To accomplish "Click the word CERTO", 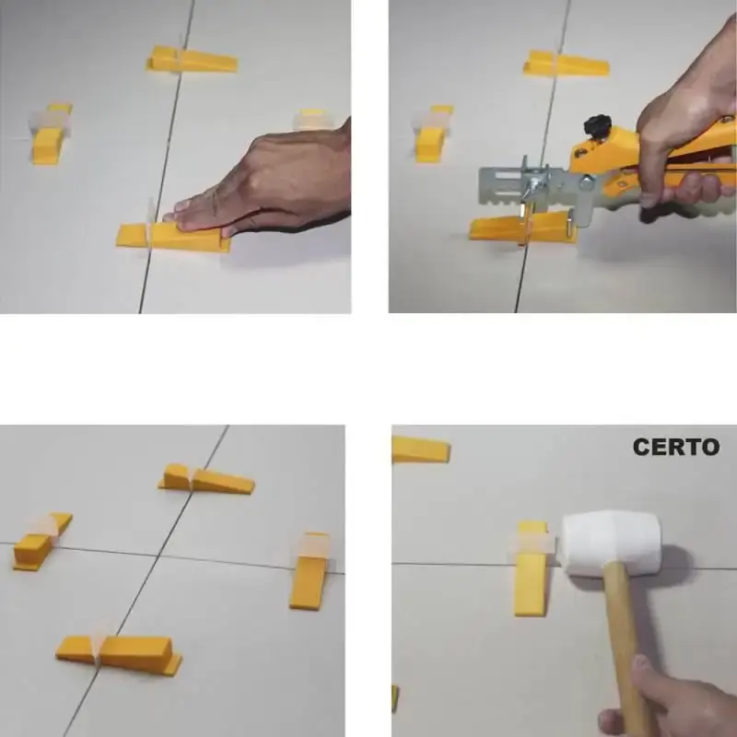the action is (x=676, y=447).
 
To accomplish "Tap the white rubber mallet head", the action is (x=612, y=543).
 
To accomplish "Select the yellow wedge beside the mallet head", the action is (x=532, y=568).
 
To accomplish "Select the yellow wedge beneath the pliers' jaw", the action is (x=522, y=227).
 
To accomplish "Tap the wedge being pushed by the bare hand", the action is (x=173, y=238).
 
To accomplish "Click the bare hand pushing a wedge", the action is (x=263, y=183).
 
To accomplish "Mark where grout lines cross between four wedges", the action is (x=158, y=556).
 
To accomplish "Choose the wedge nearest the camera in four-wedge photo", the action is (x=119, y=654).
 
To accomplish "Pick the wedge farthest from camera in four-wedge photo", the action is (x=206, y=479).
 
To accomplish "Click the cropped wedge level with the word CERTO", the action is (x=421, y=450).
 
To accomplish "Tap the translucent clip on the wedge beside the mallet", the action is (x=531, y=543).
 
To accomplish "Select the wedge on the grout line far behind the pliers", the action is (x=566, y=64).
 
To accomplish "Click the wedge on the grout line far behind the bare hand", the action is (x=192, y=60).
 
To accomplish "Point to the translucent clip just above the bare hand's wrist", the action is (x=311, y=120).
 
